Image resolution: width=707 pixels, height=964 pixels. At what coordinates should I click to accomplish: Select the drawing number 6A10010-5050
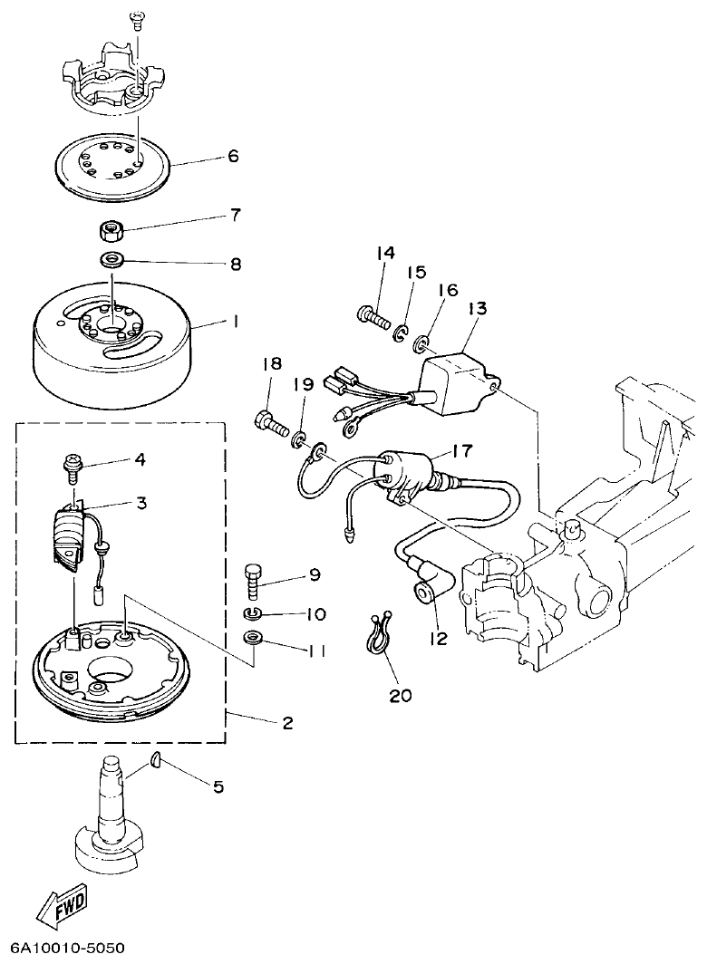point(66,949)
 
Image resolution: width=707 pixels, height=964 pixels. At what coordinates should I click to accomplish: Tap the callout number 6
point(233,156)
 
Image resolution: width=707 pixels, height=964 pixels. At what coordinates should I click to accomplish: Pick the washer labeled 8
point(113,261)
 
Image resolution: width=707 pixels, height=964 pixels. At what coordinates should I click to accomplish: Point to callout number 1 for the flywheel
point(234,322)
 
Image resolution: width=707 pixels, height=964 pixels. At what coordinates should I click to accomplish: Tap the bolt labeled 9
point(254,579)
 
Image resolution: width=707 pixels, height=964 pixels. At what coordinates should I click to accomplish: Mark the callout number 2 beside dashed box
point(286,722)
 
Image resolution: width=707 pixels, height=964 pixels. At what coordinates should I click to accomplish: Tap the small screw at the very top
point(138,20)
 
